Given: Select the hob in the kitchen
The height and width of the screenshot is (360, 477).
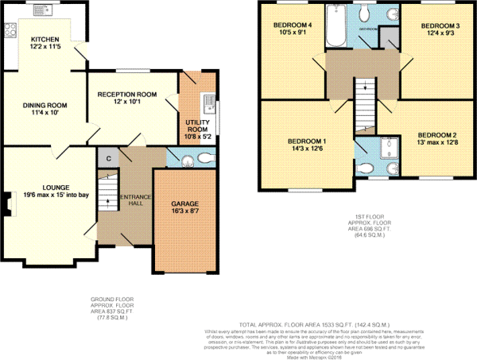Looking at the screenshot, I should pyautogui.click(x=11, y=31).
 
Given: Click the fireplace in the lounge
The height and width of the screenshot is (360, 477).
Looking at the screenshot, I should pyautogui.click(x=8, y=205).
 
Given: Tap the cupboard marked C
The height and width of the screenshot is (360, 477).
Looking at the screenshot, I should pyautogui.click(x=107, y=157).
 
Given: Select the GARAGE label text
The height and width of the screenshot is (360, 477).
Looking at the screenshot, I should pyautogui.click(x=184, y=205).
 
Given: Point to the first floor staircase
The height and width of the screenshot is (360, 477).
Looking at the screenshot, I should pyautogui.click(x=363, y=99).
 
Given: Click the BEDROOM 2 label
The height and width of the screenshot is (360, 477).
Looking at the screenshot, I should pyautogui.click(x=438, y=134).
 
